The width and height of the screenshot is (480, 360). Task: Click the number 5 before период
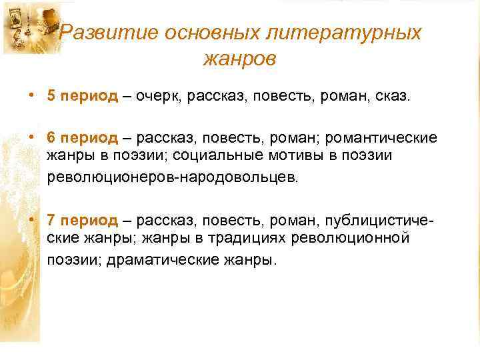tap(51, 97)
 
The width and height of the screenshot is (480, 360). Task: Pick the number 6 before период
tap(51, 138)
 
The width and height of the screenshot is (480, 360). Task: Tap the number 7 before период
tap(51, 221)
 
